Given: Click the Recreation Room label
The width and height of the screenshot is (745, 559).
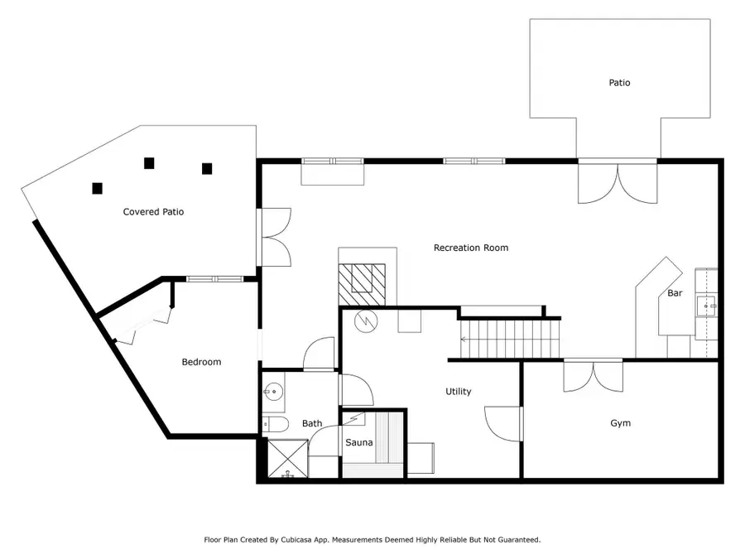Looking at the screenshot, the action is [x=471, y=248].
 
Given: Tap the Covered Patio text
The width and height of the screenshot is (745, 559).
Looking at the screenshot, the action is [x=153, y=212].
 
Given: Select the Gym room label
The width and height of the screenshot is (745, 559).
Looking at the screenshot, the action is [x=621, y=423].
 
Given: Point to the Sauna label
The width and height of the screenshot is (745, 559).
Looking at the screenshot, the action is [x=358, y=442].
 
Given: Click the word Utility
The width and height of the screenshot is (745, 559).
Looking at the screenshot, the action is [x=458, y=392].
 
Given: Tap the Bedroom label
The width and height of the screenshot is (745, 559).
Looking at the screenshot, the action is [x=201, y=362].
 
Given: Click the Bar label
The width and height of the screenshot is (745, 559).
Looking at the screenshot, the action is [x=675, y=293].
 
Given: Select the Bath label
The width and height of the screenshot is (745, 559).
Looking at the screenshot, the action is [x=312, y=423].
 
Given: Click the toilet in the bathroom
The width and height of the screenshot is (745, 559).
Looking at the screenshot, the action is [x=276, y=424].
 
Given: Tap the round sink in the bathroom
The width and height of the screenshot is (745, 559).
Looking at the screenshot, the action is [x=273, y=393].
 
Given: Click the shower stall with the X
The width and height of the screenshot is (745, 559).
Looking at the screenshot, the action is [x=288, y=459].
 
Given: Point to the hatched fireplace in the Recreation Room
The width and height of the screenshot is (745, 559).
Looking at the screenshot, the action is [x=362, y=284].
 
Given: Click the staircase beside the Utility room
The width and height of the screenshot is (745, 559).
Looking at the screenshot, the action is [x=509, y=340].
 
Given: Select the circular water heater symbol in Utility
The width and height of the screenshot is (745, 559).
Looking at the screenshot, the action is [x=366, y=322].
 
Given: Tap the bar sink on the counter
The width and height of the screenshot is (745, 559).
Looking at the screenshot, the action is [x=707, y=306].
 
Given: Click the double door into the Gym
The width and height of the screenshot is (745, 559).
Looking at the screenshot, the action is [x=594, y=375].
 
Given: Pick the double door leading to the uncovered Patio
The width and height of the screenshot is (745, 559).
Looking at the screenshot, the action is [x=618, y=182].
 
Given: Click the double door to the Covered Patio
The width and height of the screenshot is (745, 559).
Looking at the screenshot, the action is [x=274, y=237].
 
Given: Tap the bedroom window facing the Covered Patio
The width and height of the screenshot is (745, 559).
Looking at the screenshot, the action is [x=214, y=279].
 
